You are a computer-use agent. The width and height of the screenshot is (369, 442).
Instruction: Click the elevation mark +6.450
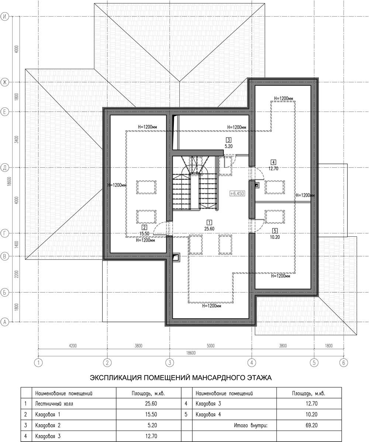point(237,193)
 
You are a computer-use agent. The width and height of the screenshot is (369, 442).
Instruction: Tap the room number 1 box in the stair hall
point(209,222)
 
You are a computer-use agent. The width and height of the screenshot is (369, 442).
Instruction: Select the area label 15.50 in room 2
point(144,234)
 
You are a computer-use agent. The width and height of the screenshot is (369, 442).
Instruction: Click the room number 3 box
point(228,140)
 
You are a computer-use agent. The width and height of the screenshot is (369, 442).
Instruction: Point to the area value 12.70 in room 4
point(273,169)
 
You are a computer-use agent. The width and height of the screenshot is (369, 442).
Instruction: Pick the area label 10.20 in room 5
point(275,237)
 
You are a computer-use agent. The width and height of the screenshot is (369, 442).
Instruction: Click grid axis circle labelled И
point(4,17)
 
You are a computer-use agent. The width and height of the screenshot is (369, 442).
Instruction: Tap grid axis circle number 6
point(344,363)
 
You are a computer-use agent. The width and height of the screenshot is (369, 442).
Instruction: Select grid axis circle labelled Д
point(4,168)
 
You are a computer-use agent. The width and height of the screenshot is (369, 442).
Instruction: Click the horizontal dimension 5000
point(210,346)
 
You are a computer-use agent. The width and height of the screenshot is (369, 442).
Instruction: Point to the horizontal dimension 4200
point(73,346)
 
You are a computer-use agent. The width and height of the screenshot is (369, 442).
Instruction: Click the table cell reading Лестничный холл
point(54,404)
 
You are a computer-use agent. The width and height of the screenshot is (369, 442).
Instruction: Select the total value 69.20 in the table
point(311,425)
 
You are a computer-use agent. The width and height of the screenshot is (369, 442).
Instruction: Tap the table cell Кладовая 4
point(208,414)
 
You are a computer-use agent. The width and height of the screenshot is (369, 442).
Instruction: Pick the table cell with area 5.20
point(152,425)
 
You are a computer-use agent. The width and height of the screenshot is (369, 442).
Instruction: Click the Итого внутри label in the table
point(251,425)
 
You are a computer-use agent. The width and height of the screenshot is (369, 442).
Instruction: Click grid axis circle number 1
point(38,363)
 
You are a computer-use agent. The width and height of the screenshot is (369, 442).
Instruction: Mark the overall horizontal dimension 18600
point(191,353)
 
